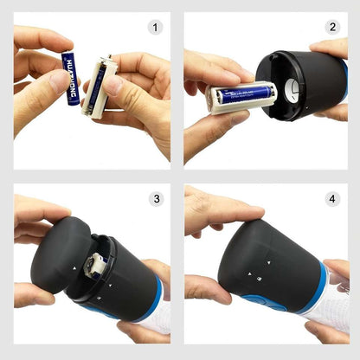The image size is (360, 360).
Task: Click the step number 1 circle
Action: pyautogui.click(x=156, y=28)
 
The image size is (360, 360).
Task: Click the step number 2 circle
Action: pyautogui.click(x=332, y=28)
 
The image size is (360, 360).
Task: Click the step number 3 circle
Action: pyautogui.click(x=156, y=199)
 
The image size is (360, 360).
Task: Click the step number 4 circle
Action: pyautogui.click(x=332, y=199)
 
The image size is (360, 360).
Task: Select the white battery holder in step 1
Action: pyautogui.click(x=97, y=87)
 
